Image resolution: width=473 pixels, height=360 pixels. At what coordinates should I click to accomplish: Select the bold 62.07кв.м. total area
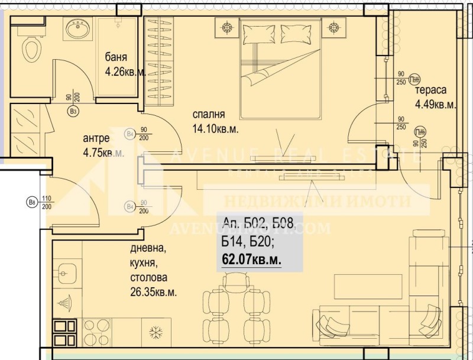pyautogui.click(x=251, y=258)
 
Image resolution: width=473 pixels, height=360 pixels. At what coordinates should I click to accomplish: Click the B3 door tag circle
pyautogui.click(x=73, y=111)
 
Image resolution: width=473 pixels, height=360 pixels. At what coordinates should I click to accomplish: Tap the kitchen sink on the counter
pyautogui.click(x=66, y=273)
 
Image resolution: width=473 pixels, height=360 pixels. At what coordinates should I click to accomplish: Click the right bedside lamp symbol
pyautogui.click(x=335, y=26)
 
